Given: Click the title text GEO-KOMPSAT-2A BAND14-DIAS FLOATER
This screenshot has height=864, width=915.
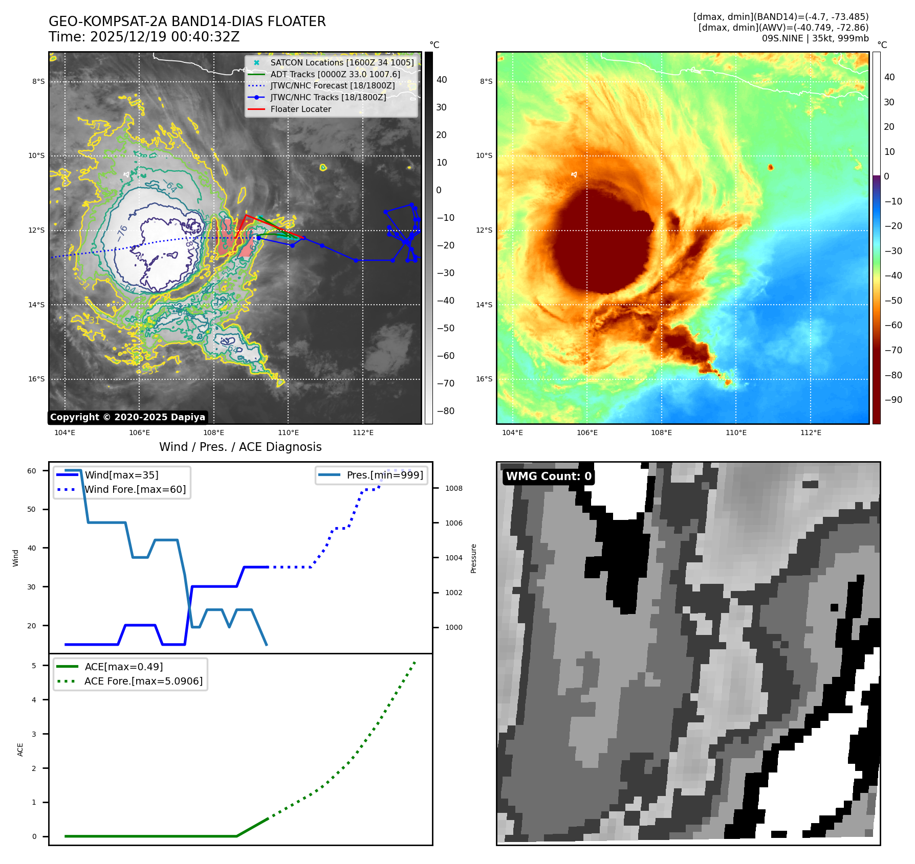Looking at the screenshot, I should (x=187, y=21).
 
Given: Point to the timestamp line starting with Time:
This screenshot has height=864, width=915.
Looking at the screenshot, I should (x=144, y=37).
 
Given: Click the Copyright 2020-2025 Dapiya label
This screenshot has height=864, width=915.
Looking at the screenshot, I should (x=127, y=417).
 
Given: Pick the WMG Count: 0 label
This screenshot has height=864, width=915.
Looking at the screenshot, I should (x=549, y=476).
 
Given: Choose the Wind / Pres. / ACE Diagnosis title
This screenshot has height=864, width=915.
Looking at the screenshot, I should (x=240, y=447).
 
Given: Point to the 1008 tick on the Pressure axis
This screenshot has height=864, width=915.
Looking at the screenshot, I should (x=453, y=488).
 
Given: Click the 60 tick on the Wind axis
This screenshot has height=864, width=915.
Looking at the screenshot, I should (x=32, y=471).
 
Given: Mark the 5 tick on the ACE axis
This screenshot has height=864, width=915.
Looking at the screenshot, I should (x=34, y=666).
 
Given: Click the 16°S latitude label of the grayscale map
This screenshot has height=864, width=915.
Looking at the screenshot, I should (x=36, y=379).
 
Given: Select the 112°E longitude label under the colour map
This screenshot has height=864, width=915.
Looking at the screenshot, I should (x=811, y=433).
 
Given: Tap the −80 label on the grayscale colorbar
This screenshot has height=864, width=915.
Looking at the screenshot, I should (x=445, y=411).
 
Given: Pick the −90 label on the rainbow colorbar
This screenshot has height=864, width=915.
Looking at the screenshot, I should (x=894, y=400).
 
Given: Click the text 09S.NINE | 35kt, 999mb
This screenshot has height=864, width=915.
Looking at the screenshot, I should (x=815, y=38).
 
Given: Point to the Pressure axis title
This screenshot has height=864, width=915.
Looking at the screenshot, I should (x=473, y=558).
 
